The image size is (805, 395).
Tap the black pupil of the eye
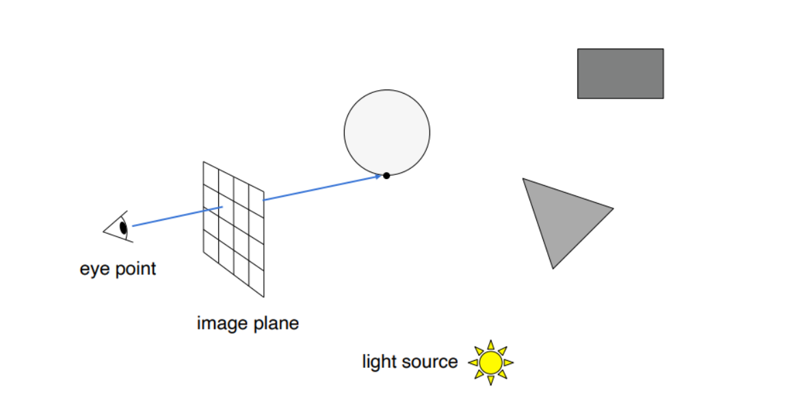pos(123,228)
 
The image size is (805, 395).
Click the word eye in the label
pos(93,269)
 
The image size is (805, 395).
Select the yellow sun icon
pos(490,362)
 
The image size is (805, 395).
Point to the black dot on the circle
pos(386,176)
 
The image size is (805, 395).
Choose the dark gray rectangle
pos(620,73)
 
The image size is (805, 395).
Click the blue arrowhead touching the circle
pos(377,177)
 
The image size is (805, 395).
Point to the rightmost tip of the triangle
pos(613,208)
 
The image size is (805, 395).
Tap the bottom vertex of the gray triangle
pos(553,268)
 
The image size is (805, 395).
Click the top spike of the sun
pos(490,344)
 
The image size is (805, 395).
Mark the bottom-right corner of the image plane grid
pos(264,297)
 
